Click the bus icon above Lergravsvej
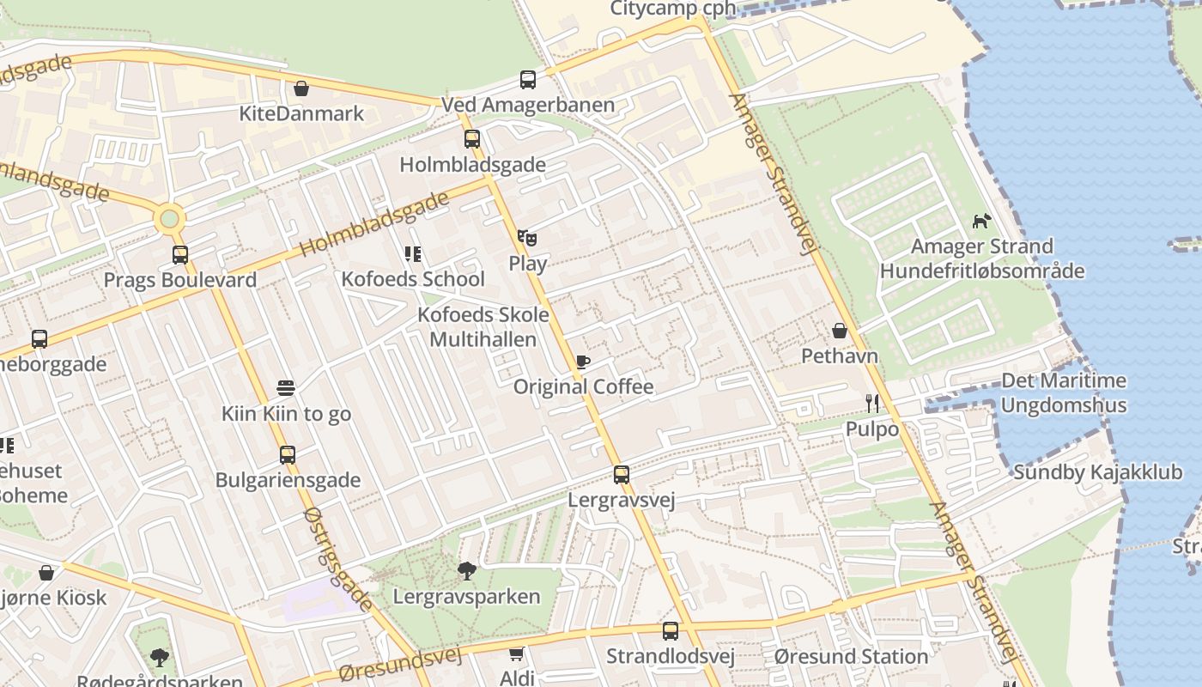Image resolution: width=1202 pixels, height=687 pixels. (x=621, y=474)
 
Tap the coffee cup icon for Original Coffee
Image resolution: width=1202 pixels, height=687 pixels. (x=583, y=362)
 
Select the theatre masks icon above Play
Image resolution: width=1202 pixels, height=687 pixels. (x=527, y=238)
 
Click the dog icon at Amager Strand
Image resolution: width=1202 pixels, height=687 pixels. (x=981, y=221)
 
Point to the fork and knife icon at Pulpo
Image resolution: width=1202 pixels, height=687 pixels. (x=872, y=403)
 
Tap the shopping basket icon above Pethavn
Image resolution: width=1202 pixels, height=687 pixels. (x=839, y=331)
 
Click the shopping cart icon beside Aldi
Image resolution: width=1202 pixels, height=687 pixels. (x=516, y=654)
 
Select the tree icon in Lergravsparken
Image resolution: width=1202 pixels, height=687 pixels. (x=467, y=570)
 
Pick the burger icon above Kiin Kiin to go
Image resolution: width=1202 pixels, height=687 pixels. (x=286, y=388)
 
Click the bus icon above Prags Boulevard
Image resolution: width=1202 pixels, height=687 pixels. (x=179, y=254)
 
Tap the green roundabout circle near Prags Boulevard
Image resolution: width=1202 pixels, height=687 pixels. (x=169, y=219)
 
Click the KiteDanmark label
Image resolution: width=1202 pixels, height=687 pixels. (x=301, y=113)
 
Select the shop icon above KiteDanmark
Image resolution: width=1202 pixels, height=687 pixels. (x=301, y=88)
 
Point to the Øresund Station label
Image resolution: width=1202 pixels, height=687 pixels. (x=851, y=657)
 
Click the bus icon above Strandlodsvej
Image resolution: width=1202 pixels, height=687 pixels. (x=670, y=631)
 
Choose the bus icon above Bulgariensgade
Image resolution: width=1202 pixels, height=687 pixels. (x=287, y=454)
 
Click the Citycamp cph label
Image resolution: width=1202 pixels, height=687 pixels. (x=673, y=9)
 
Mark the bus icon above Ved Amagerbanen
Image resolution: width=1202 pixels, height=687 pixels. (x=527, y=80)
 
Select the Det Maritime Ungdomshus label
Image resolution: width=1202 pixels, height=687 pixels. (x=1064, y=392)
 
